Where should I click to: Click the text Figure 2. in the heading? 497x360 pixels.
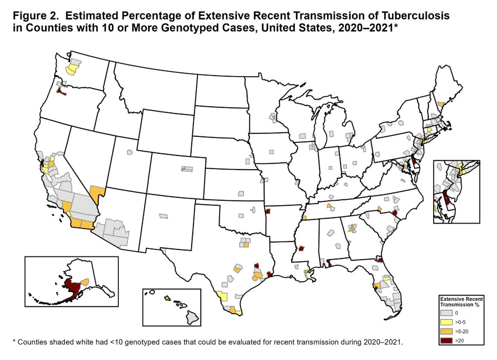point(30,16)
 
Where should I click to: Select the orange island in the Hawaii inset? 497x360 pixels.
point(167,299)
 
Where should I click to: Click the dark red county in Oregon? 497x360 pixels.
point(62,92)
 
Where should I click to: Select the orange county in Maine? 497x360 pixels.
point(440,106)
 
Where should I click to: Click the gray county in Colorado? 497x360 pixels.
point(187,169)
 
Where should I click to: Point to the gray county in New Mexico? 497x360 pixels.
point(163,216)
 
